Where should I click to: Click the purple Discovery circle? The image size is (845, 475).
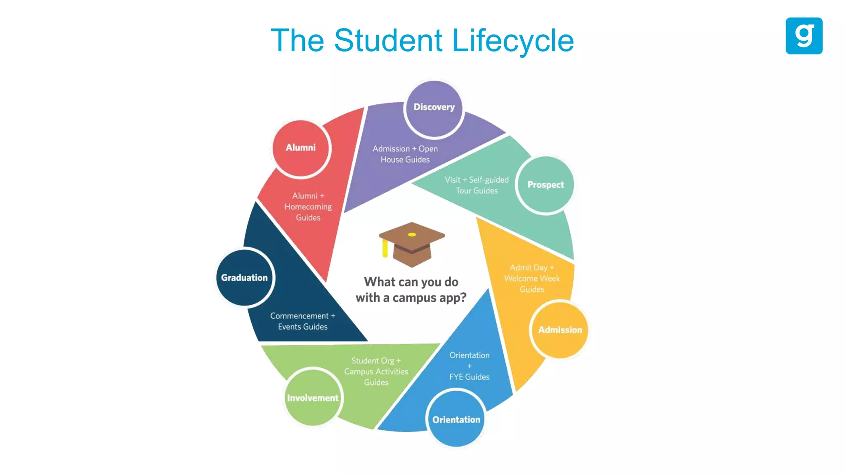point(434,108)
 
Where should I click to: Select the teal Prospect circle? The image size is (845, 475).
point(545,185)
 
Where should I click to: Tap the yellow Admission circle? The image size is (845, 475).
point(560,329)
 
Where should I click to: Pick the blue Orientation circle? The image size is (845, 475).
point(456,419)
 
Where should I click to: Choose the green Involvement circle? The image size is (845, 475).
point(313,397)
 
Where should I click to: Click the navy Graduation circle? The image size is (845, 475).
point(245,277)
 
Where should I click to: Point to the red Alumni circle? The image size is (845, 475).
point(301,148)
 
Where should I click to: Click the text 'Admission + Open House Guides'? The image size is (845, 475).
point(405,154)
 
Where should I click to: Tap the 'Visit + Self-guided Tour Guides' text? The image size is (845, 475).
point(477,185)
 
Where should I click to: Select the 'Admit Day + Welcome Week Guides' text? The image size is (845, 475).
point(532,278)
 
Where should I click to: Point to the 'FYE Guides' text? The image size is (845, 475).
point(470,377)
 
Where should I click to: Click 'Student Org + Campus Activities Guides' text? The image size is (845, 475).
point(376,372)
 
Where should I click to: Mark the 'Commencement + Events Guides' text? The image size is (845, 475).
point(303,321)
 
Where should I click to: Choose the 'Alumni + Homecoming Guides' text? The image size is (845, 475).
point(308,207)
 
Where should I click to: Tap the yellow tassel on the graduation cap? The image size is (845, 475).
point(385,248)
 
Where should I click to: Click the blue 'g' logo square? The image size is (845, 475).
point(804,36)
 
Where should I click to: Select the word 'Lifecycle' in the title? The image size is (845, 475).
point(513,41)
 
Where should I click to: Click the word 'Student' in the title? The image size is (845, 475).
point(388,41)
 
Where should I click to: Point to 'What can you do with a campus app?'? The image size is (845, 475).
point(411,289)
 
